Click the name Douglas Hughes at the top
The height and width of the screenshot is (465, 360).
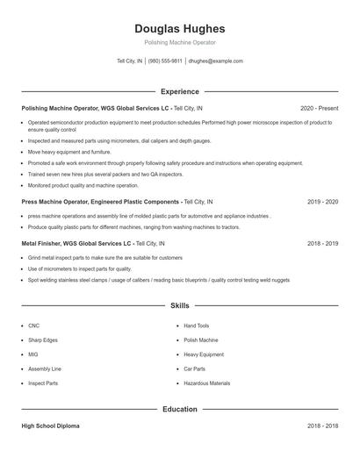click(x=180, y=28)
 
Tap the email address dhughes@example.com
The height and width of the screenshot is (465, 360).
click(x=216, y=61)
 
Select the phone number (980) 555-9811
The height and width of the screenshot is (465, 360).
click(x=165, y=61)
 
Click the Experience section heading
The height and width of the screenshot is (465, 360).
click(x=180, y=91)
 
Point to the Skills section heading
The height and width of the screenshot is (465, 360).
click(x=180, y=305)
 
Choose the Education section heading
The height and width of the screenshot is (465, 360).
click(x=180, y=409)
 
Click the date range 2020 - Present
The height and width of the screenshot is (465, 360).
click(x=319, y=108)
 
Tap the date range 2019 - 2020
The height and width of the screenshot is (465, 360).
click(x=323, y=201)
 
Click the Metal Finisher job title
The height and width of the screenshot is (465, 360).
click(x=43, y=244)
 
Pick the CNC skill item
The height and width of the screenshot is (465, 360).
click(x=33, y=325)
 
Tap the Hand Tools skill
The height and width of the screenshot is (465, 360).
click(x=197, y=325)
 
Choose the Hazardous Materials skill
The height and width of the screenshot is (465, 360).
click(x=207, y=383)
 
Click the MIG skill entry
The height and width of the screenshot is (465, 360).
click(x=33, y=354)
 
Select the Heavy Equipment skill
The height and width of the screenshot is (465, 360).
click(x=204, y=354)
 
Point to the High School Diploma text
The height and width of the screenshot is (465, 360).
click(x=50, y=426)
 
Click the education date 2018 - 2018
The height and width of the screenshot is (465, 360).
click(x=323, y=426)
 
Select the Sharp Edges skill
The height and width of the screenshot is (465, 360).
click(x=42, y=340)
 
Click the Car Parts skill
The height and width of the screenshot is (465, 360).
click(x=195, y=368)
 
